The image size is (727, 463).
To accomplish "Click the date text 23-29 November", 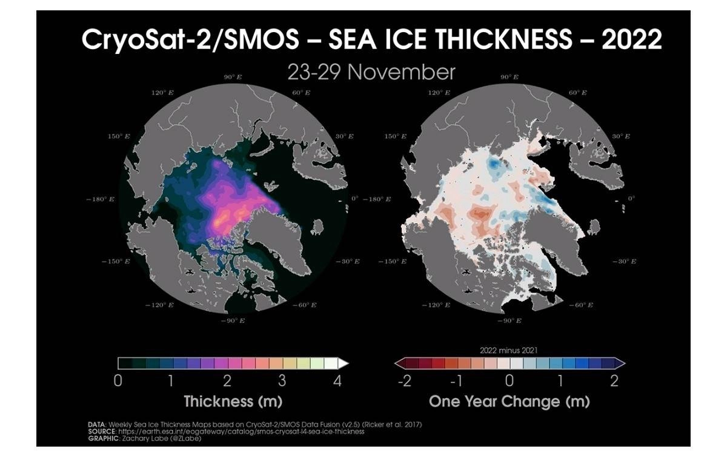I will (371, 72).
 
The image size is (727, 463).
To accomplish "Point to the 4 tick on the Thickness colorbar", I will (337, 381).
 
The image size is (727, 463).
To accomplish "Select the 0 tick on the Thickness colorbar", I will (119, 381).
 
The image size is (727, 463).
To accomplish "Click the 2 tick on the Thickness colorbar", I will (228, 381).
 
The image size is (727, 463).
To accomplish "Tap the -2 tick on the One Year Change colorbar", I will (404, 381).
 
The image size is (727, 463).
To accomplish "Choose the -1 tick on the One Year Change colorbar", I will (457, 381).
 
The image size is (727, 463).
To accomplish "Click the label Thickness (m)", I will (233, 401).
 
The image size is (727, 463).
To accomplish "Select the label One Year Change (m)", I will (509, 401).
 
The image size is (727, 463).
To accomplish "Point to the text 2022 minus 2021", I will (508, 350).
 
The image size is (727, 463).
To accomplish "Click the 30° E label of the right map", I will (621, 136).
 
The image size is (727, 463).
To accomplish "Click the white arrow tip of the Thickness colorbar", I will (344, 364).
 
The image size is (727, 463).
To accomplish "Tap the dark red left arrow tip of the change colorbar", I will (399, 364).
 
